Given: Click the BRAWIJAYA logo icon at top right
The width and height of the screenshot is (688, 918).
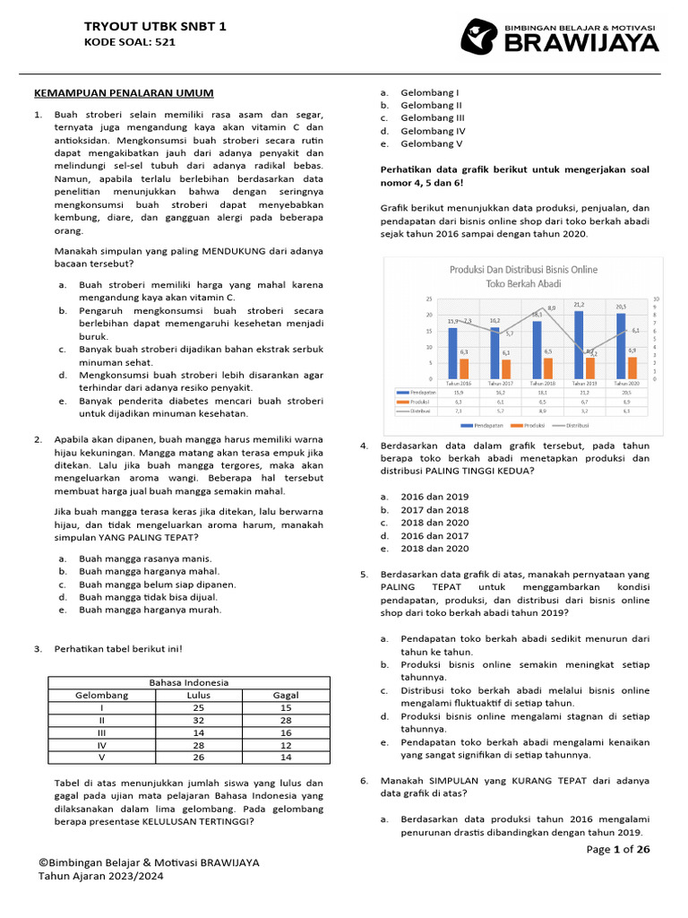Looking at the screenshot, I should click(480, 37).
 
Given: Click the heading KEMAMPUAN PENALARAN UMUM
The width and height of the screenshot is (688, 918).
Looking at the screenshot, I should click(124, 93).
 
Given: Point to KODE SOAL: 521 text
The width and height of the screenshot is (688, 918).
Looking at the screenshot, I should click(130, 42).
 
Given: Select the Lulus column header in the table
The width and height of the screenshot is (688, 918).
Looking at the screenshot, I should click(199, 695).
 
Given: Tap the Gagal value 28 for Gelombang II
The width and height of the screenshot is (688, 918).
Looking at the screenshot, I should click(285, 720).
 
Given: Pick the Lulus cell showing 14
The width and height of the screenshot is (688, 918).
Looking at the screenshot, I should click(199, 732).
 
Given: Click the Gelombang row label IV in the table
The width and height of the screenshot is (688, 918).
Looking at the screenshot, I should click(101, 745).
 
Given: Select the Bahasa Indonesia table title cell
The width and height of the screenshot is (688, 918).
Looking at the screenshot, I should click(188, 682).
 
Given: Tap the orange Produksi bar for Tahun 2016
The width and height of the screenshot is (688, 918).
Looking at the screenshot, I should click(464, 368).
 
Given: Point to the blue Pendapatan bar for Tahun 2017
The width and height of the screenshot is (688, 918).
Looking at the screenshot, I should click(494, 353).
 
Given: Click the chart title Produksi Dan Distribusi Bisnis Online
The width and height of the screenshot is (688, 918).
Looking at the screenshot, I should click(522, 269).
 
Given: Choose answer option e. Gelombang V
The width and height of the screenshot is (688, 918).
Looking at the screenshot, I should click(431, 143).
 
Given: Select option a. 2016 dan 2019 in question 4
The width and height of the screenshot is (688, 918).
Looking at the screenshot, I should click(434, 496).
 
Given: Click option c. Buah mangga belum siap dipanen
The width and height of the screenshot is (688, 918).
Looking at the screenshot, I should click(157, 584).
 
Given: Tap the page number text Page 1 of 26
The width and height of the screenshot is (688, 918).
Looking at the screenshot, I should click(618, 850).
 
